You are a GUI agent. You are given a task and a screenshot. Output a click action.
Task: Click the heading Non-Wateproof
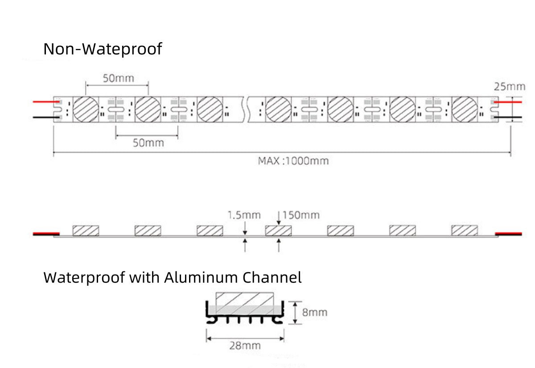coord(103,49)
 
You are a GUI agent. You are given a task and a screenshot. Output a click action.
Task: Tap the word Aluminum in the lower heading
coord(201,277)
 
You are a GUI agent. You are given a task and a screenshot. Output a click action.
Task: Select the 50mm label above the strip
coord(119,78)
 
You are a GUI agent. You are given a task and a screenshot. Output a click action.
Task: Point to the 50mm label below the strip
coord(148,143)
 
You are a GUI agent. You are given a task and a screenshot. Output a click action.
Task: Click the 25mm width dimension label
coord(509,86)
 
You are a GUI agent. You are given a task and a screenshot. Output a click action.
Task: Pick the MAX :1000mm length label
coord(293,161)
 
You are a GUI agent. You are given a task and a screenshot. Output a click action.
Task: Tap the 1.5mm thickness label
coord(244,215)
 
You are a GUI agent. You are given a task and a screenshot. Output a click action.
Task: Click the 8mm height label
coord(314,312)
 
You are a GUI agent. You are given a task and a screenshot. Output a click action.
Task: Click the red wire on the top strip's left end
coord(43,102)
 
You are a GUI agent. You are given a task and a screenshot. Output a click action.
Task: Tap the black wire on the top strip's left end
coord(43,117)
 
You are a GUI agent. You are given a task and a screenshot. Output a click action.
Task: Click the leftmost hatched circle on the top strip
coord(86,109)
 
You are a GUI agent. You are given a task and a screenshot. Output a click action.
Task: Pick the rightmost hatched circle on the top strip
coord(465,109)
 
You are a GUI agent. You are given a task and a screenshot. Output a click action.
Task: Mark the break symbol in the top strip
coord(245,109)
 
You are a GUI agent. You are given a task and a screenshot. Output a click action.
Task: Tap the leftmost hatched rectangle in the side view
coord(86,231)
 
